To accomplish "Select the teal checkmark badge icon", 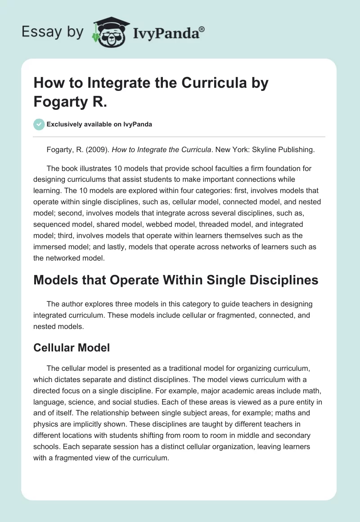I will point(39,124).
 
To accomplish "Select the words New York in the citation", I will point(206,150).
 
